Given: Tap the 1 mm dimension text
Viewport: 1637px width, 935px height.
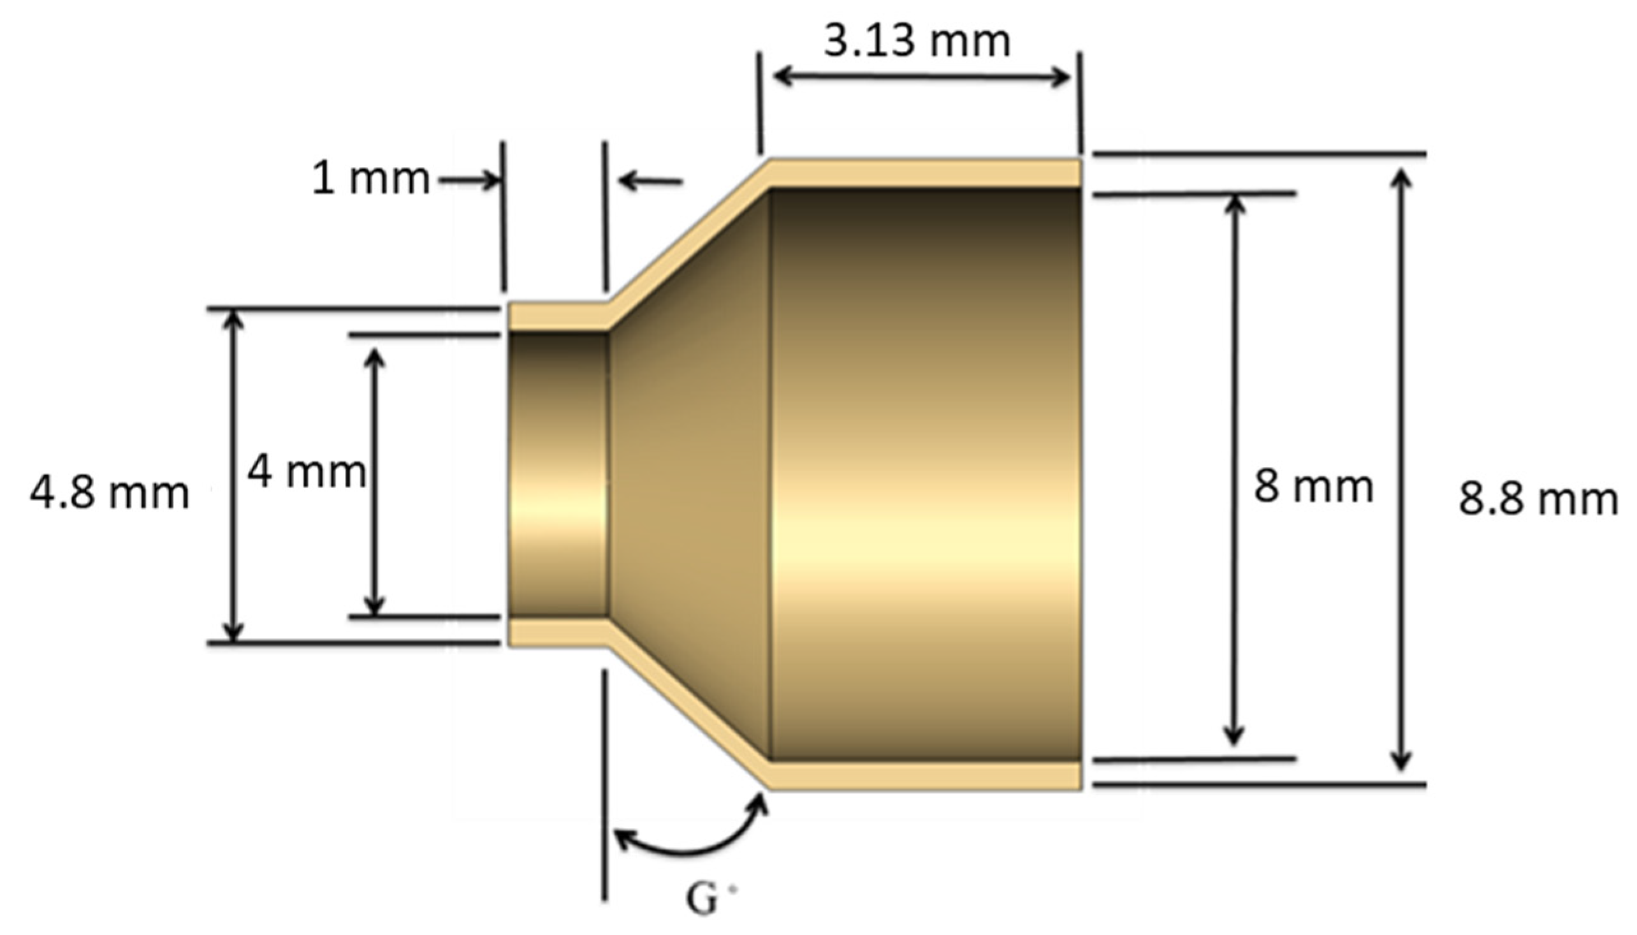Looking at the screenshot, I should [370, 179].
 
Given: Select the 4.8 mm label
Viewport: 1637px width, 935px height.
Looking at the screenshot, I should [110, 494].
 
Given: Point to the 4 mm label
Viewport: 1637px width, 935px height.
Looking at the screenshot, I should [306, 472].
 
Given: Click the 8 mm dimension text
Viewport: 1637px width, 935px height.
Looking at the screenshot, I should [1313, 486].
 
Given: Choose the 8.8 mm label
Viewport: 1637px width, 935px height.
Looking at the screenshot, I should [1538, 499].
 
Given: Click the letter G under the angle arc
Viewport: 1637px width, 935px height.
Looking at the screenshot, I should [701, 900].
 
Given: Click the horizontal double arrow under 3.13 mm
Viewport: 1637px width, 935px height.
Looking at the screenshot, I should [922, 77].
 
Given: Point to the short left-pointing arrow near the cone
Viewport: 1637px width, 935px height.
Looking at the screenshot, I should [650, 182].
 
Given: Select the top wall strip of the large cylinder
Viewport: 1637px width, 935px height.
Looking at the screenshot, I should [924, 173].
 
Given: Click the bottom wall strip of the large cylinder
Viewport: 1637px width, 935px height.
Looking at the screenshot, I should [924, 775].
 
